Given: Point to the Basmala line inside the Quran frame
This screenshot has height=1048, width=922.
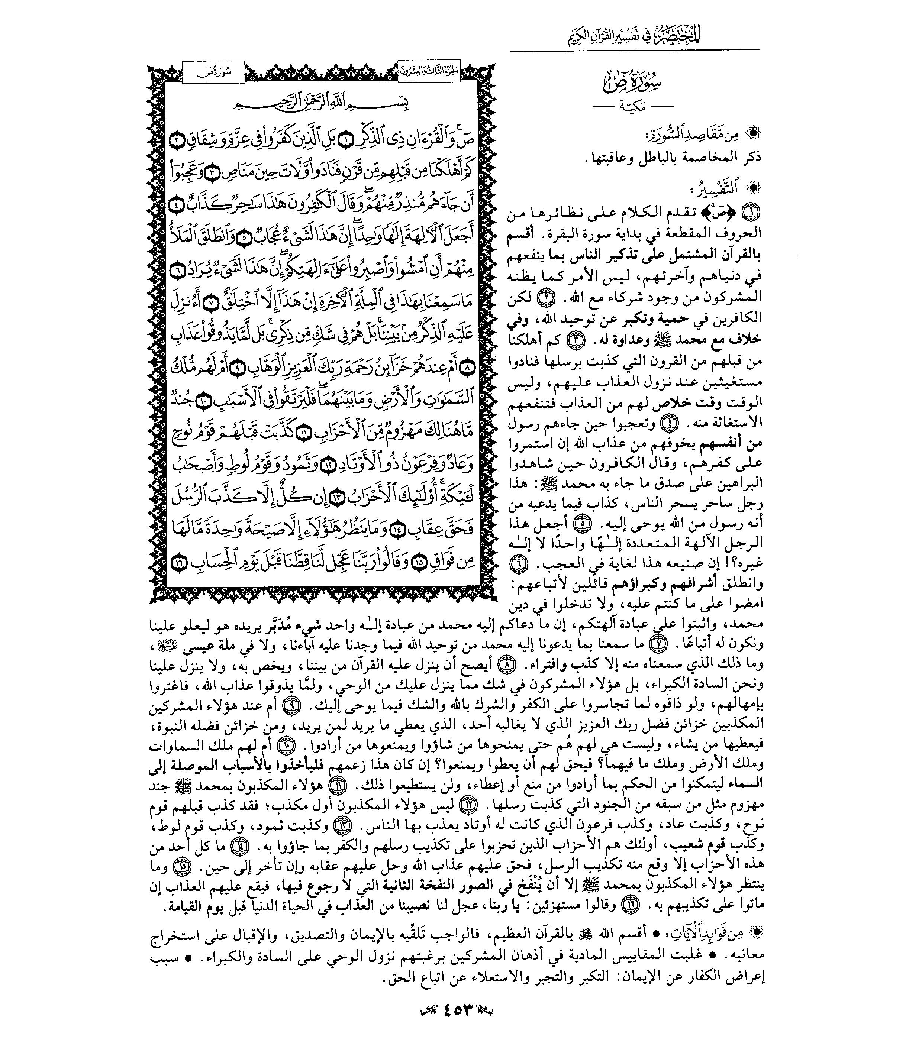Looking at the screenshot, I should tap(323, 106).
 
